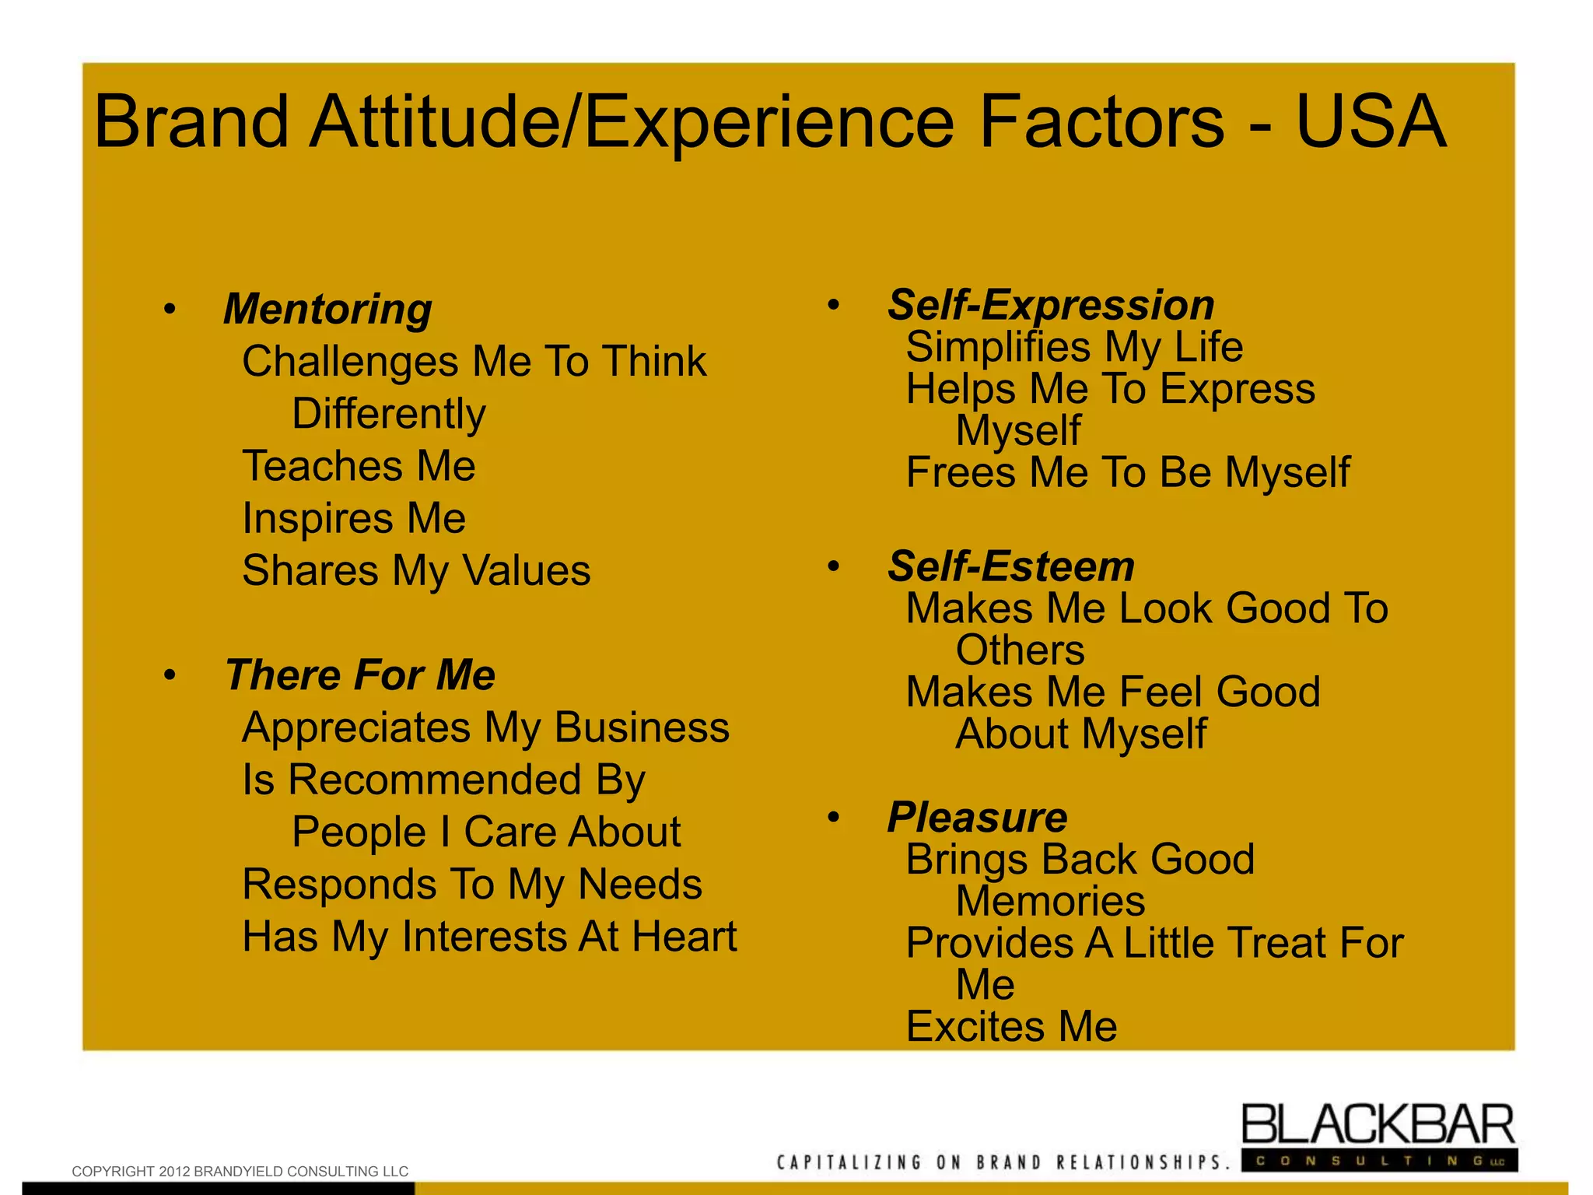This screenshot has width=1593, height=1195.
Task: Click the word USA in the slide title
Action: pos(1370,121)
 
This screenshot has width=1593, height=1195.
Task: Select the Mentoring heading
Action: pos(327,309)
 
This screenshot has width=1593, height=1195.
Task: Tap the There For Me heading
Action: pos(359,675)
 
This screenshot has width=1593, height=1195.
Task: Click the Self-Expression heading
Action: pos(1051,304)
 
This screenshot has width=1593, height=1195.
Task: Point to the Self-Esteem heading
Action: pos(1011,566)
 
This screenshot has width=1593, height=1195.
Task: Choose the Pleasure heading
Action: pos(978,817)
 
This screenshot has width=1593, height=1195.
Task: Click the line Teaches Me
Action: pos(359,466)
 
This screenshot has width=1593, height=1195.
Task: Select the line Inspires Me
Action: pos(354,518)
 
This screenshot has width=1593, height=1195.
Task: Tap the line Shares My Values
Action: pos(416,570)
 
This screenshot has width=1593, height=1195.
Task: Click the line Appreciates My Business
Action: pos(485,727)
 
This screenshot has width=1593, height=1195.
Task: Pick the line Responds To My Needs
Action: pos(472,885)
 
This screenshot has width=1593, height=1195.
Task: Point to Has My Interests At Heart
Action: pos(489,937)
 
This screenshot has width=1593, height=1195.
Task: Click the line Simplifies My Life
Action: pos(1074,347)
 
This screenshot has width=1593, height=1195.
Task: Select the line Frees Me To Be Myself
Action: pos(1128,472)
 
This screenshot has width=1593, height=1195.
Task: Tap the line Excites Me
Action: pos(1011,1027)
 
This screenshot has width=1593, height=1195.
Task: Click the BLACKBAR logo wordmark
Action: pos(1378,1125)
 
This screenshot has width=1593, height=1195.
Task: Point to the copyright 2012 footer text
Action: pos(240,1171)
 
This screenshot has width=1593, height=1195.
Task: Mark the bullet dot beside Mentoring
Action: pos(170,310)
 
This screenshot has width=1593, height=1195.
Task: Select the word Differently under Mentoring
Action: pos(389,413)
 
